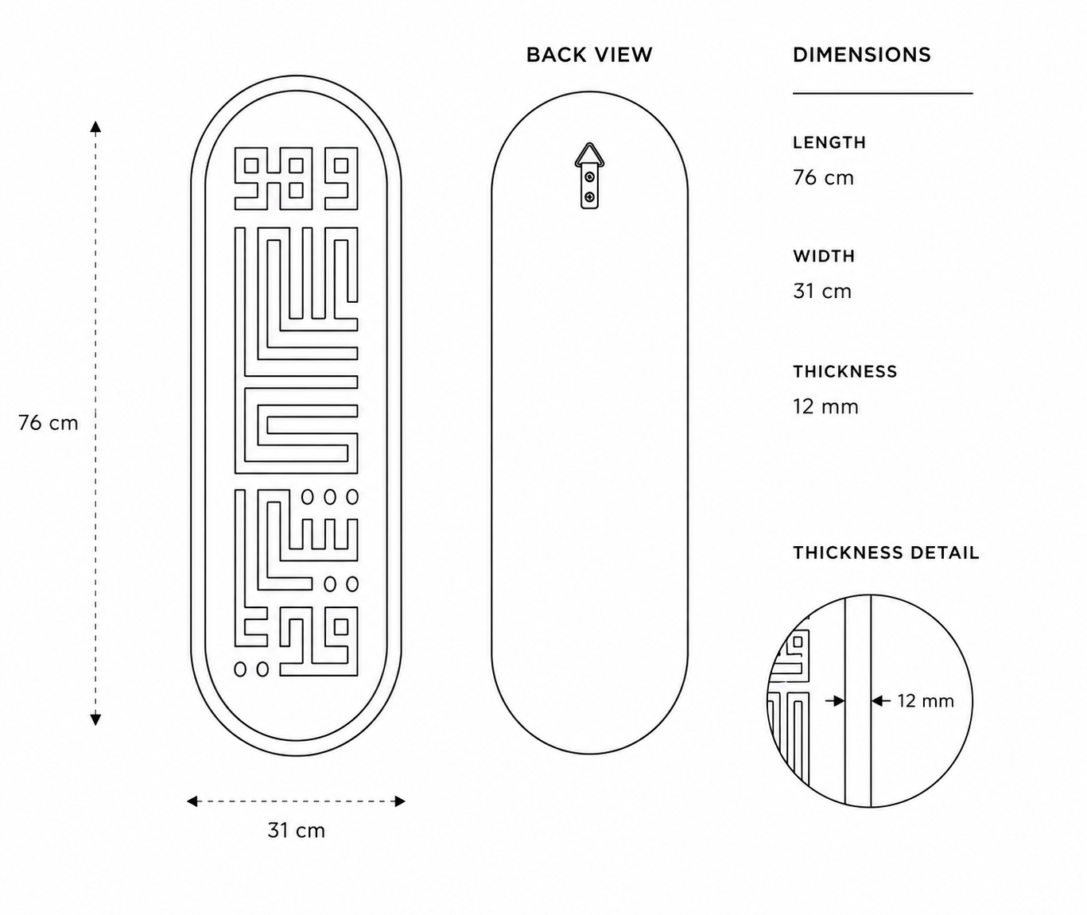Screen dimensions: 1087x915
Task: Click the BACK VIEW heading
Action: (x=588, y=55)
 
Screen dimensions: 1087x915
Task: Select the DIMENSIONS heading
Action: (x=862, y=55)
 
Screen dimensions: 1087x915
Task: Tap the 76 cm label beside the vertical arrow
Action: (x=49, y=423)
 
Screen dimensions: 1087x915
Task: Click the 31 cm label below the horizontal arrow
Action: (x=297, y=831)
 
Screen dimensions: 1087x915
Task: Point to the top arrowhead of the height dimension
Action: (x=95, y=126)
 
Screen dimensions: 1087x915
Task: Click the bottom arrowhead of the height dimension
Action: (x=95, y=719)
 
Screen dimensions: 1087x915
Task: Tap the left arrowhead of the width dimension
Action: (x=192, y=801)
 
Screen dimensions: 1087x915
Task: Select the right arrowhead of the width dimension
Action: (x=400, y=801)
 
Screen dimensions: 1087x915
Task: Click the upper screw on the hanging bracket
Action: (x=590, y=177)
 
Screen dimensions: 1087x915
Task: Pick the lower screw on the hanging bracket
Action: (x=590, y=196)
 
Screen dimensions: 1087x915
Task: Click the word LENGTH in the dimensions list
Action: (x=829, y=142)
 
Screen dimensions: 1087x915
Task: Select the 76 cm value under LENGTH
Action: (x=824, y=178)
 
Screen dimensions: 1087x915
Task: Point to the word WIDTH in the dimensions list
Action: (x=824, y=256)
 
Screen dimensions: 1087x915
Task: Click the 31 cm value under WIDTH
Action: (x=822, y=292)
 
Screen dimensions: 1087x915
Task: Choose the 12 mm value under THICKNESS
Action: (x=825, y=406)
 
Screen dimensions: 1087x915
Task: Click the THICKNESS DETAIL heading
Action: (x=886, y=552)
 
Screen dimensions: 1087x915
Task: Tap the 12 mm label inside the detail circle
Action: (x=926, y=701)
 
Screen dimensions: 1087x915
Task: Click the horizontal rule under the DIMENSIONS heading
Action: (x=883, y=94)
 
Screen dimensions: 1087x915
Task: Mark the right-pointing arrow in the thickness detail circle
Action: (x=835, y=701)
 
